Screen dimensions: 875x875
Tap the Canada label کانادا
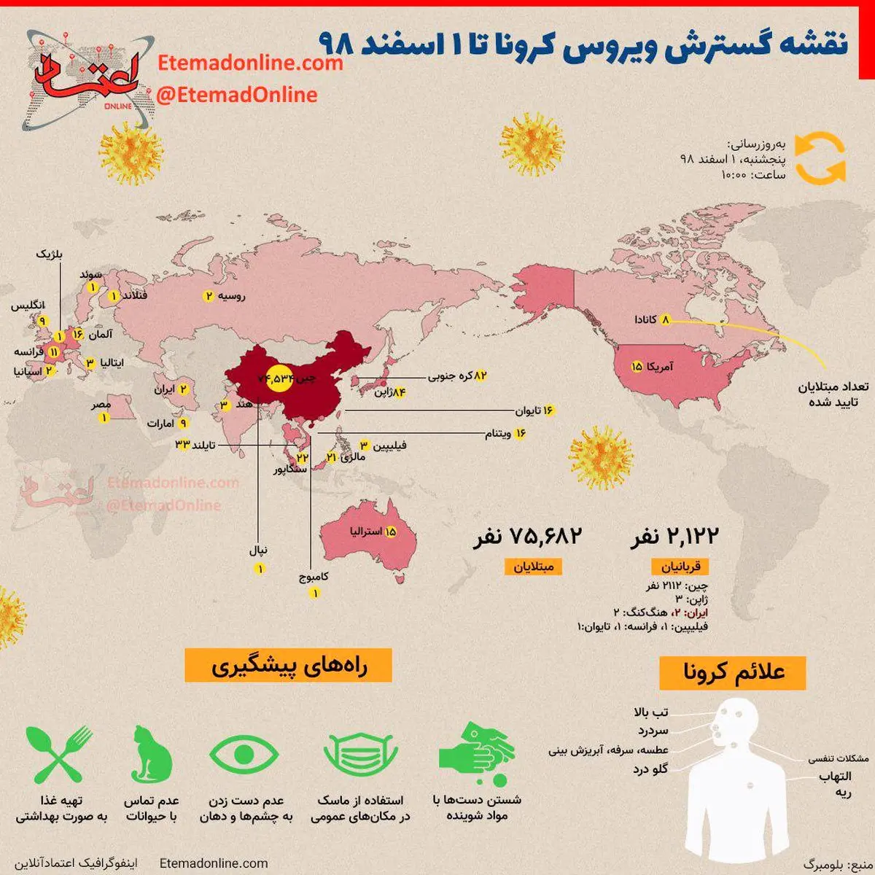(645, 319)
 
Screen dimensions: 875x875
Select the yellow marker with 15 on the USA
(637, 366)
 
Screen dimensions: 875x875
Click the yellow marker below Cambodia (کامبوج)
(315, 594)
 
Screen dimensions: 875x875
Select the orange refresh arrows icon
(820, 157)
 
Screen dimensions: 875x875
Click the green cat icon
(152, 754)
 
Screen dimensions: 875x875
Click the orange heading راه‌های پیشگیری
(288, 666)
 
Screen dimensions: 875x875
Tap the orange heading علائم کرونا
(734, 672)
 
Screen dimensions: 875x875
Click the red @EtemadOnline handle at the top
(237, 95)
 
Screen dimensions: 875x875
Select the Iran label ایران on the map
(164, 390)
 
